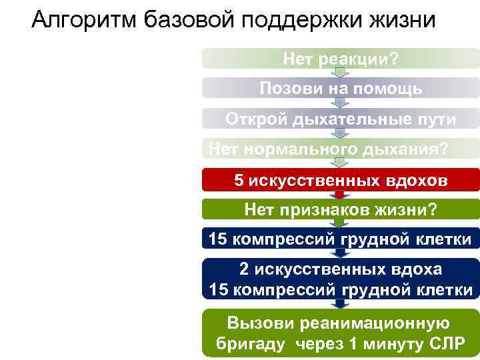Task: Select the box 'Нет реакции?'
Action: (x=341, y=59)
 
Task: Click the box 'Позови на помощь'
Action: (x=341, y=88)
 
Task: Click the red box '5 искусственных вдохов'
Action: (x=341, y=180)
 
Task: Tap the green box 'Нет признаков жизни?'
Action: (x=341, y=210)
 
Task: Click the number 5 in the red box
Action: (x=239, y=180)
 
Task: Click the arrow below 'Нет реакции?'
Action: (x=341, y=73)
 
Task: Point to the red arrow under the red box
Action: (x=341, y=195)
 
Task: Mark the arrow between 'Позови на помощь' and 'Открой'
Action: (x=341, y=103)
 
